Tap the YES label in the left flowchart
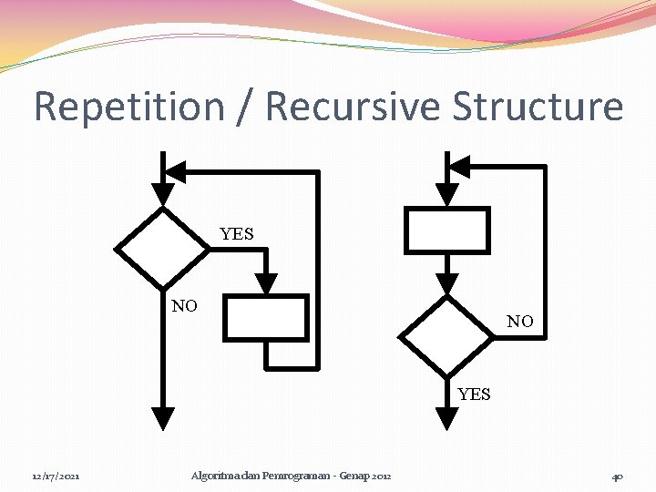pyautogui.click(x=237, y=234)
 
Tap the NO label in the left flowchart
pyautogui.click(x=184, y=306)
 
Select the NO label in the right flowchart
pyautogui.click(x=520, y=322)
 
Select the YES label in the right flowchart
pyautogui.click(x=474, y=395)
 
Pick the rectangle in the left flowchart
pyautogui.click(x=266, y=317)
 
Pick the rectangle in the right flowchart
pyautogui.click(x=446, y=230)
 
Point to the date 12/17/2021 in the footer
pyautogui.click(x=56, y=476)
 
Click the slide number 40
pyautogui.click(x=618, y=476)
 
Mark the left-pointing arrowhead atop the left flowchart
pyautogui.click(x=175, y=171)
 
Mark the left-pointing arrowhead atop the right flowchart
pyautogui.click(x=460, y=166)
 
